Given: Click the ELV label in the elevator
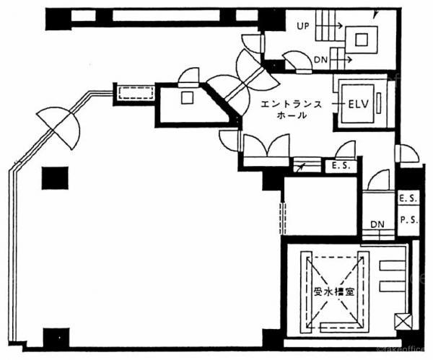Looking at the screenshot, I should click(358, 103).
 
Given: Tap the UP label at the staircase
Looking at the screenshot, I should click(302, 26).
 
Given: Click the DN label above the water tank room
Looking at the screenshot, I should click(377, 224).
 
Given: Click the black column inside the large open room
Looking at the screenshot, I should click(55, 177).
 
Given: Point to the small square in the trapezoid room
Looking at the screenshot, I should click(186, 97).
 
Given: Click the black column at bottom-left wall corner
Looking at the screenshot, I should click(56, 337).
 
